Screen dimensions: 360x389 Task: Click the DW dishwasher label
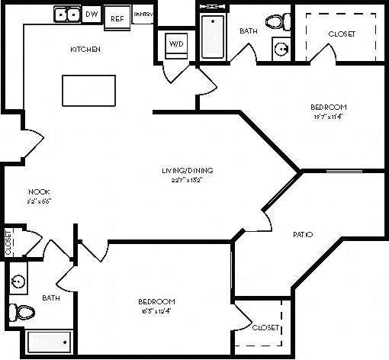[92, 14]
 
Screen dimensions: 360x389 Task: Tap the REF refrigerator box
[117, 17]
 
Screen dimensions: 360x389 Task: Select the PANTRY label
[142, 14]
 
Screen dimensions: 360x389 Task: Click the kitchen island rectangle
[88, 92]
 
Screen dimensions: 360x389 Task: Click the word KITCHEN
[85, 50]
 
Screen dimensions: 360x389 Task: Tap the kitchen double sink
[66, 14]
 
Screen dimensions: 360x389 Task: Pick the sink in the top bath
[281, 49]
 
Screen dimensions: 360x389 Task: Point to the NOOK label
[39, 191]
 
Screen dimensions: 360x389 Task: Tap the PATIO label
[303, 234]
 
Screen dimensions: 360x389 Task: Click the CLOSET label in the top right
[341, 34]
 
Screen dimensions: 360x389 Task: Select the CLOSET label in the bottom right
[265, 328]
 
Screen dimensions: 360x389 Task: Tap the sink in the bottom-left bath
[18, 280]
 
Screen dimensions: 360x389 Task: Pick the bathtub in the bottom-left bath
[49, 342]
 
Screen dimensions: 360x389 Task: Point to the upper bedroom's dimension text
[328, 117]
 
